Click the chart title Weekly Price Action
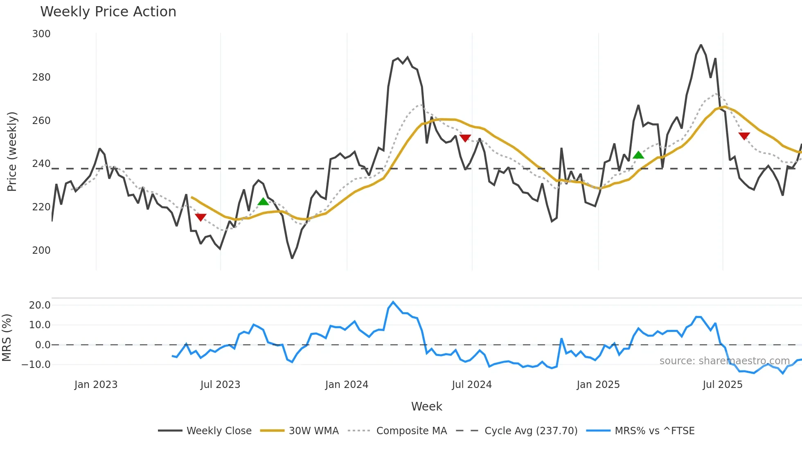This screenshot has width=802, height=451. [108, 12]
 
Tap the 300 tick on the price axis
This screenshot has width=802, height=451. [41, 34]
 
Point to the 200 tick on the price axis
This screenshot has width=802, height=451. [41, 250]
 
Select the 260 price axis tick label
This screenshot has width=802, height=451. [41, 121]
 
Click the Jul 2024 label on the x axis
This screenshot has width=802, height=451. [472, 385]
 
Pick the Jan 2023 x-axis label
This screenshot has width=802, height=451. [96, 385]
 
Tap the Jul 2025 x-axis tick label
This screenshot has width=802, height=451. [723, 385]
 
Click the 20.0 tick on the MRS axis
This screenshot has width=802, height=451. [40, 305]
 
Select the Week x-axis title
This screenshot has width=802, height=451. [426, 406]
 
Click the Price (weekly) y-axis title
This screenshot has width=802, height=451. [12, 151]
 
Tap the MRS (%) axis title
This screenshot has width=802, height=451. [7, 338]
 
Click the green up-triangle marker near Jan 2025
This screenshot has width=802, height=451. [638, 155]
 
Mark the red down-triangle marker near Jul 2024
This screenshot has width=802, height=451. [465, 138]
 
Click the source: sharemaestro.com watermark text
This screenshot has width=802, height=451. [724, 361]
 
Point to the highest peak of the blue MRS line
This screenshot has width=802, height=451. [393, 302]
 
